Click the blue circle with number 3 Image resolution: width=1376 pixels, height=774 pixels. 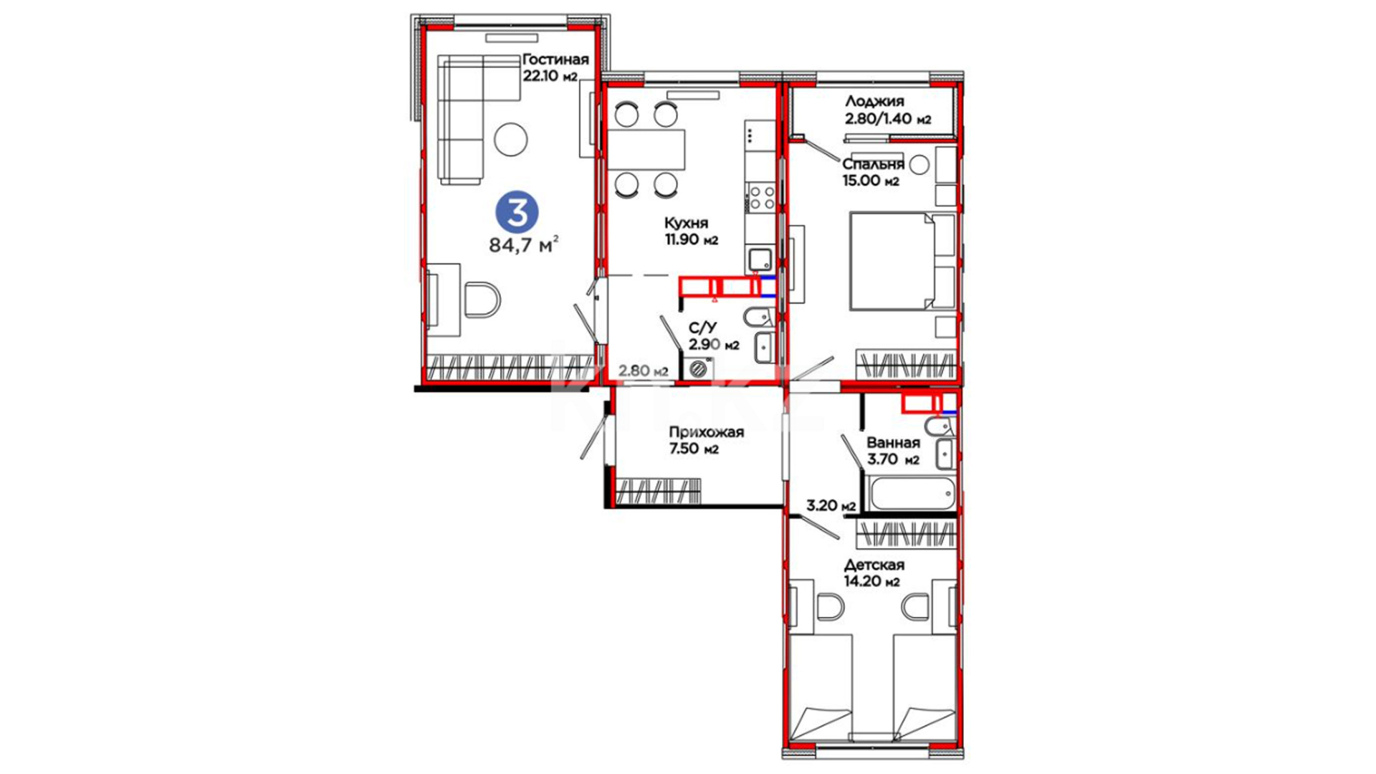[517, 212]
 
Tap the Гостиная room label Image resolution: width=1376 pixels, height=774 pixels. [555, 59]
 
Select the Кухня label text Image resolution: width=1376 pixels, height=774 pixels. [686, 223]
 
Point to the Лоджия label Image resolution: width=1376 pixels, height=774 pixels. [874, 101]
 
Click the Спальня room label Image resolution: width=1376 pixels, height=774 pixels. [873, 164]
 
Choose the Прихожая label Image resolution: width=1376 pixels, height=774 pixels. [706, 432]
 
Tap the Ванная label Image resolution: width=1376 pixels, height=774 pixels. [893, 443]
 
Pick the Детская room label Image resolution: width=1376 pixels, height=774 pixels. [874, 565]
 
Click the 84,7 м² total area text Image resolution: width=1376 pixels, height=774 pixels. [524, 245]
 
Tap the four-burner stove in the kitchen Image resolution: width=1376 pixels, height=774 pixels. [760, 197]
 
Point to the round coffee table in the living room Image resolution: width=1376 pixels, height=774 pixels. [511, 140]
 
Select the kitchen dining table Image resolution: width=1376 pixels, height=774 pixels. [646, 150]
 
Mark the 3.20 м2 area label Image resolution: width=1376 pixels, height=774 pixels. [831, 505]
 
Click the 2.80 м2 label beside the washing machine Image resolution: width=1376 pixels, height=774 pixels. [644, 371]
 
